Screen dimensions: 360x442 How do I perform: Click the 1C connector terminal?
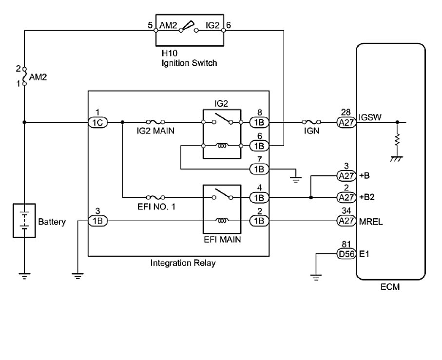click(x=96, y=122)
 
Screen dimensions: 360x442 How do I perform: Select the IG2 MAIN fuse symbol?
click(x=155, y=122)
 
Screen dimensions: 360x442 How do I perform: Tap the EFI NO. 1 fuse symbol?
click(x=155, y=198)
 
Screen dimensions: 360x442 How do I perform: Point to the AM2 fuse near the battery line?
click(x=25, y=76)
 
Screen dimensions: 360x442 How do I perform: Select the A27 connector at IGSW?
click(x=346, y=122)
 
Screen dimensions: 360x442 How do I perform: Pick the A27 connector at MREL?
click(x=346, y=221)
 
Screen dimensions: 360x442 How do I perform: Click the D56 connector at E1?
click(x=346, y=254)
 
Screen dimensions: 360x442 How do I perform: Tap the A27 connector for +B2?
click(x=346, y=198)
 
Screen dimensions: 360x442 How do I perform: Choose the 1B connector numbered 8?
click(x=259, y=122)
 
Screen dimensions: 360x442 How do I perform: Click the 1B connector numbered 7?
click(x=259, y=169)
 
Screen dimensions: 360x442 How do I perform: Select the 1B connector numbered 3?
click(x=96, y=221)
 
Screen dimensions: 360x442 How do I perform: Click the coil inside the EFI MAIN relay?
click(x=222, y=221)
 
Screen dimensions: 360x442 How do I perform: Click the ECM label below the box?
click(x=390, y=287)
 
